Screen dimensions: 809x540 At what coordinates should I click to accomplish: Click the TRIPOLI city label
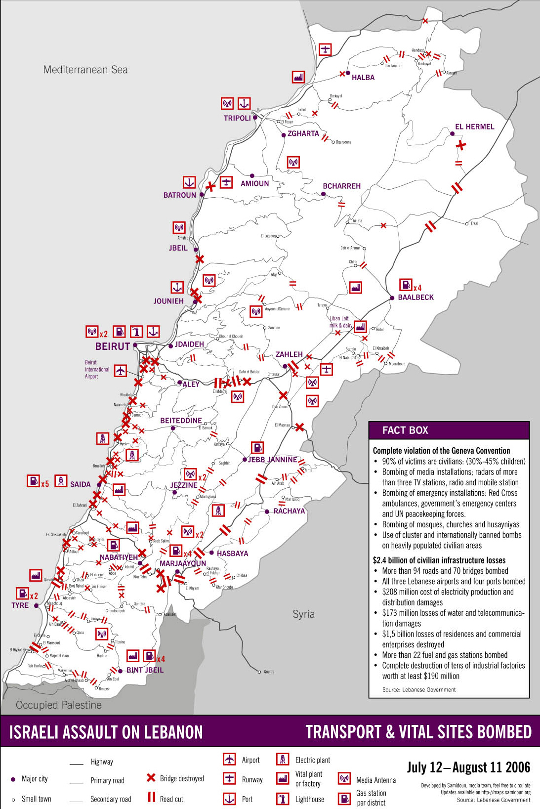click(x=237, y=118)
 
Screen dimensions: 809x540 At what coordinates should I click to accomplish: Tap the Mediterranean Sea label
click(x=85, y=70)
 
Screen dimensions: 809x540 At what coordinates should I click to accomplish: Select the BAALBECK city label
click(x=415, y=298)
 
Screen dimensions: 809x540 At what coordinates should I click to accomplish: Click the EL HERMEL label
click(x=474, y=127)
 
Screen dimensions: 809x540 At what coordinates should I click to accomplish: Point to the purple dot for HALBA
click(x=348, y=73)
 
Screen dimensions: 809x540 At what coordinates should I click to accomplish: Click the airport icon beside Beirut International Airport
click(x=120, y=370)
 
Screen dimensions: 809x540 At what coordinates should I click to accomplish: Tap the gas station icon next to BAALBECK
click(x=405, y=285)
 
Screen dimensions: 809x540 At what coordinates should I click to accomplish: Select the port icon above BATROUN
click(x=189, y=182)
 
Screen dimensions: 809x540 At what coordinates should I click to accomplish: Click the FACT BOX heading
click(x=405, y=430)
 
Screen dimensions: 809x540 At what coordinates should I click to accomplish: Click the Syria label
click(x=303, y=614)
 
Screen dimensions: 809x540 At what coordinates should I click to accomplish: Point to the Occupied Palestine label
click(x=59, y=705)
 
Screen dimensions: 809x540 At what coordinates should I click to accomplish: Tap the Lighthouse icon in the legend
click(x=283, y=799)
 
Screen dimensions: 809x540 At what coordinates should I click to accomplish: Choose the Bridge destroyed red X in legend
click(x=151, y=778)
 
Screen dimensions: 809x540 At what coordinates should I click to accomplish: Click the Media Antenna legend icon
click(x=344, y=779)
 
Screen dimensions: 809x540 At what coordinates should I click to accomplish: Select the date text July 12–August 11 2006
click(x=468, y=767)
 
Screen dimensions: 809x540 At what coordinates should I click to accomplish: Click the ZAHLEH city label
click(x=289, y=354)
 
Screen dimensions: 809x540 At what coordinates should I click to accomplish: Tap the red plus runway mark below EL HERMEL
click(x=460, y=145)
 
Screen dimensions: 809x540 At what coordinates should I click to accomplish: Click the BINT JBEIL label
click(x=145, y=670)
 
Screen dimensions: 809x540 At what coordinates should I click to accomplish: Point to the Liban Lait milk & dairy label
click(x=341, y=322)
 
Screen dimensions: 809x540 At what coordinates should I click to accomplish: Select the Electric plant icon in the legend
click(x=283, y=759)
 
